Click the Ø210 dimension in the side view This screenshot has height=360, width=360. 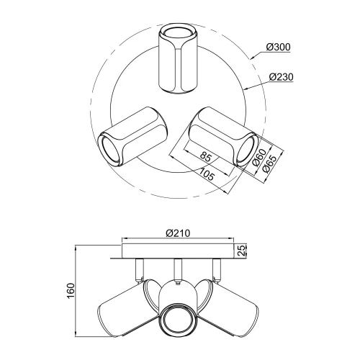coord(177,233)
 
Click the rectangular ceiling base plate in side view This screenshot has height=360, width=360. coord(177,251)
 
